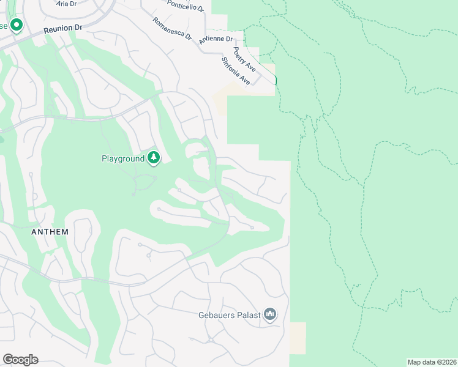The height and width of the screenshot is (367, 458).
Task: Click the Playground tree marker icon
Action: [154, 158]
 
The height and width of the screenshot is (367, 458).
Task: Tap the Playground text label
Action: [123, 159]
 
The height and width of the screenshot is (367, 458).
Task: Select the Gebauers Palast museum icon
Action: [271, 315]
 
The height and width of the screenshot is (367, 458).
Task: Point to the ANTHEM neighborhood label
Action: [50, 232]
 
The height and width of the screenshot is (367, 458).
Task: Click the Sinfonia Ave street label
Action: [236, 71]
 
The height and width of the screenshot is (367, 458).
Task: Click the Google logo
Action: [20, 360]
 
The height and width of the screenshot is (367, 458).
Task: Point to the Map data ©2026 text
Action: [431, 362]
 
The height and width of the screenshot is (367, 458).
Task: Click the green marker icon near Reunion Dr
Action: [17, 26]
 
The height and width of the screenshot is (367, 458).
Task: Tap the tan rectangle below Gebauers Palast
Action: [298, 338]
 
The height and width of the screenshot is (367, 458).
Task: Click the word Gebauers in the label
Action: [214, 316]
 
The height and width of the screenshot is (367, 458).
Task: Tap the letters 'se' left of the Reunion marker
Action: [3, 26]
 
